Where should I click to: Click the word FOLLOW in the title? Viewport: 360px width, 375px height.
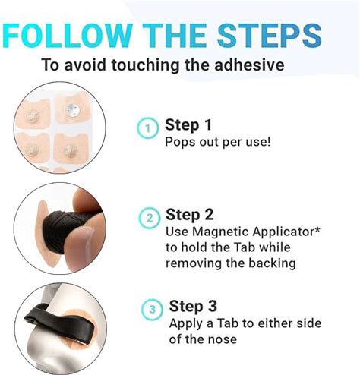coord(68,36)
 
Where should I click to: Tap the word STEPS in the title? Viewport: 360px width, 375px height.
coord(270,36)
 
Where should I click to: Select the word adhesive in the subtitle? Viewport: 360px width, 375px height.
coord(249,65)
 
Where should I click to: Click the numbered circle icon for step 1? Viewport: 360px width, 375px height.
coord(148,128)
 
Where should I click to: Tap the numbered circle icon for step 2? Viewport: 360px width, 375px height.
coord(150,218)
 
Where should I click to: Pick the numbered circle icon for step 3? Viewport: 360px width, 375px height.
coord(153,309)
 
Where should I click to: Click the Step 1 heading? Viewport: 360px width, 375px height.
coord(188,124)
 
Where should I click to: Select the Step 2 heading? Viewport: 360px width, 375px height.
coord(190,215)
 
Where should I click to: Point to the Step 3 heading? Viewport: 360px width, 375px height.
coord(193,306)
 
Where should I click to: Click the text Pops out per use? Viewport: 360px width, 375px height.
coord(218,142)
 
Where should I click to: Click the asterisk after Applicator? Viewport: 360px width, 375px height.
coord(317,229)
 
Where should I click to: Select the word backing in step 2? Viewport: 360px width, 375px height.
coord(272,263)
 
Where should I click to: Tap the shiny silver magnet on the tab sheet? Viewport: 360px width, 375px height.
coord(73,110)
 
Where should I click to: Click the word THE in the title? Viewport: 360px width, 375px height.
coord(175,36)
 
